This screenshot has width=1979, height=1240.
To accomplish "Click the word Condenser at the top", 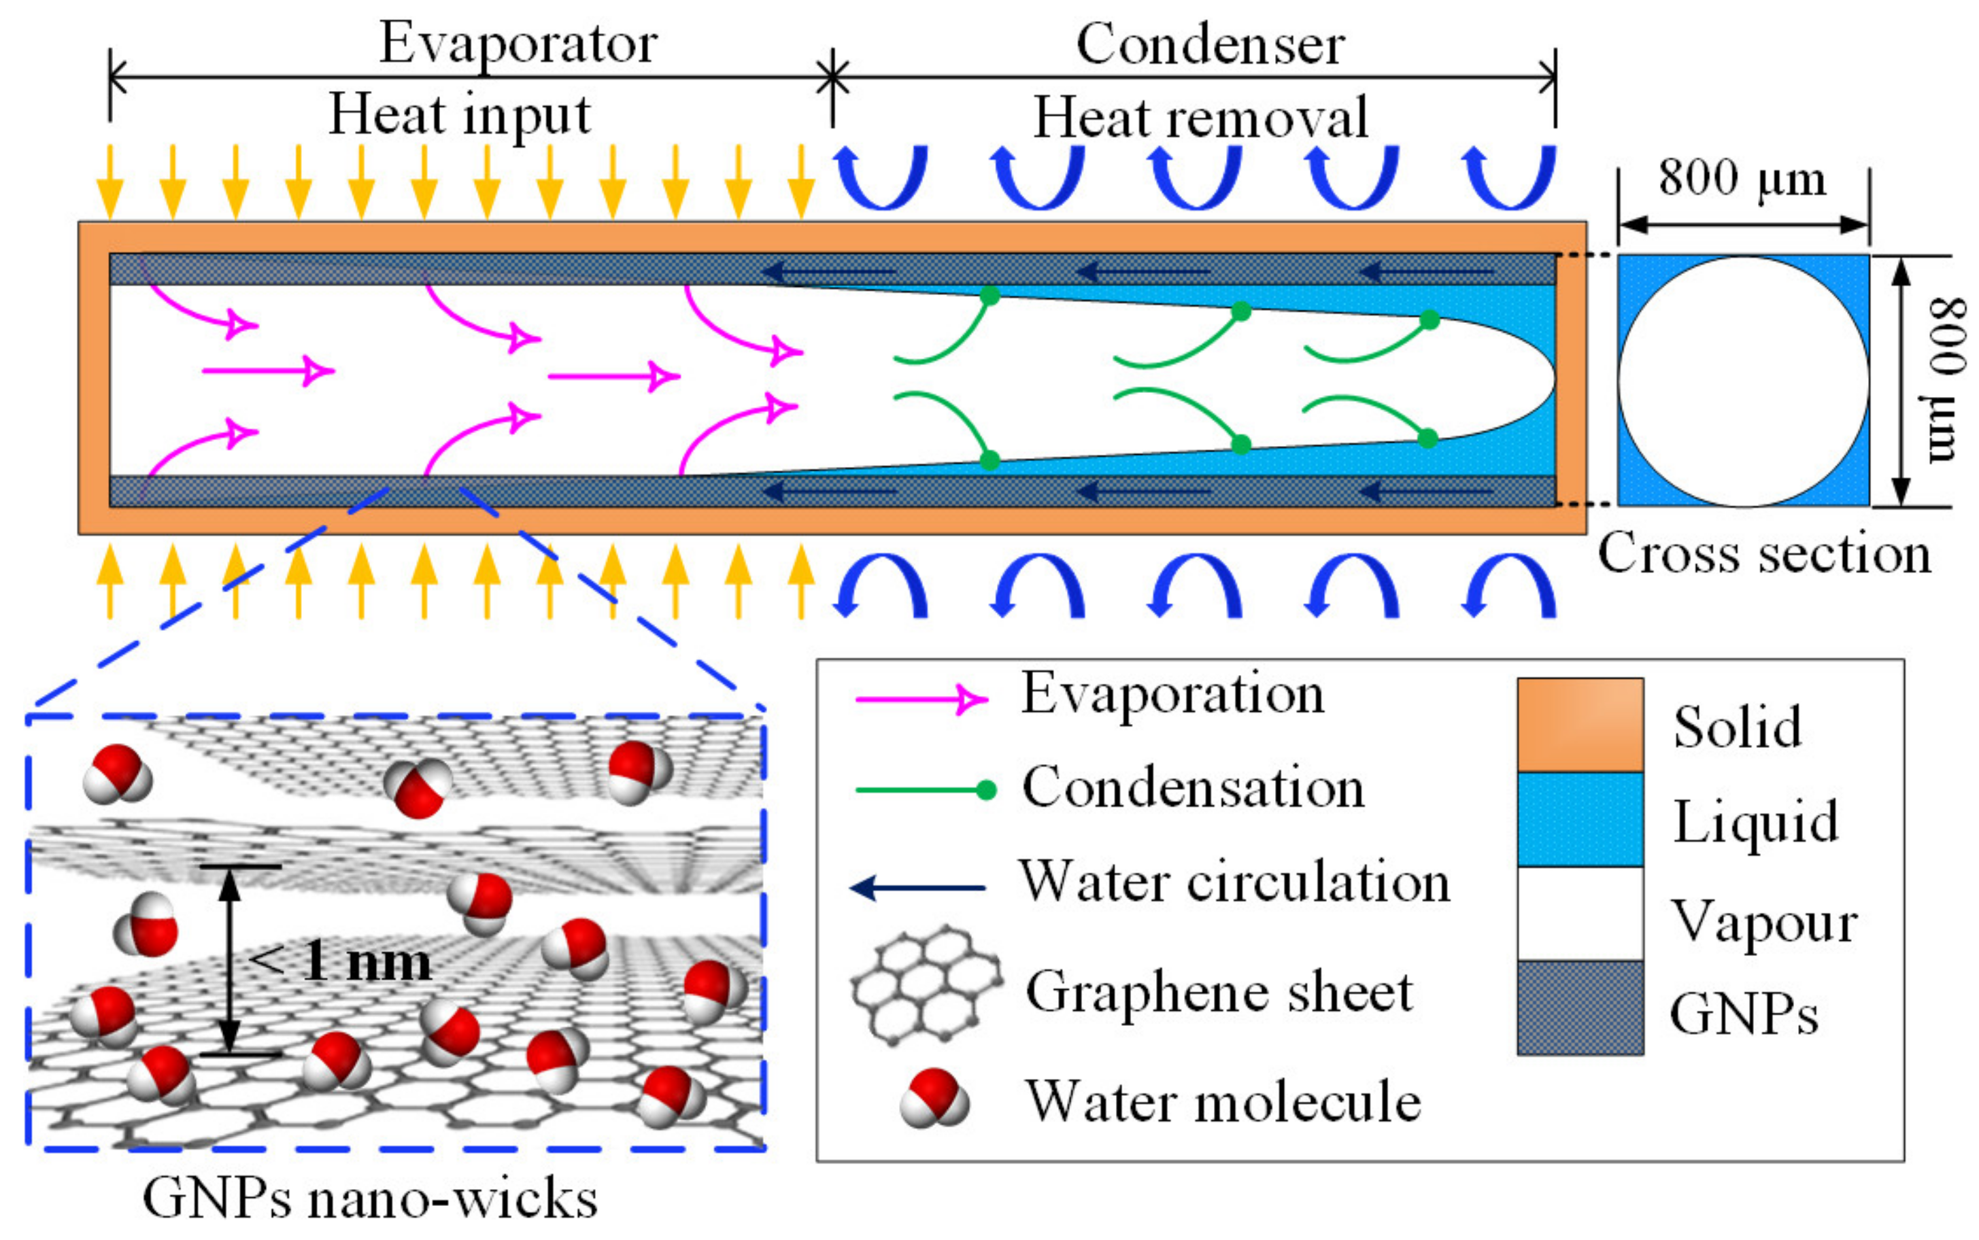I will click(1210, 44).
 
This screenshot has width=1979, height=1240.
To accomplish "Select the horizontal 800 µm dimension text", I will click(1742, 178).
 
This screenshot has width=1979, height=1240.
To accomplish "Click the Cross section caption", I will click(1763, 553).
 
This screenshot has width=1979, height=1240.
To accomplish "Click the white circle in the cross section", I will click(1743, 381).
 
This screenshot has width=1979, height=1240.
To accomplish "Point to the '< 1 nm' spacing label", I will click(339, 961).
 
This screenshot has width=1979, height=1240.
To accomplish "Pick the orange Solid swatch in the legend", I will click(1580, 725).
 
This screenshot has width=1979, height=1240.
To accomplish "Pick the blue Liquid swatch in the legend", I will click(1580, 819).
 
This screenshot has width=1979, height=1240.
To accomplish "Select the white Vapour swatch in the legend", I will click(1580, 914).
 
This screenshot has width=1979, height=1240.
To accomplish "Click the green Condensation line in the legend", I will click(923, 791).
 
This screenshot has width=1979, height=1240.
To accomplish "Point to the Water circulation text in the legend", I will click(1234, 883).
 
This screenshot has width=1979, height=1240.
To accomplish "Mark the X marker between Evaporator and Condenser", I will click(832, 78).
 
